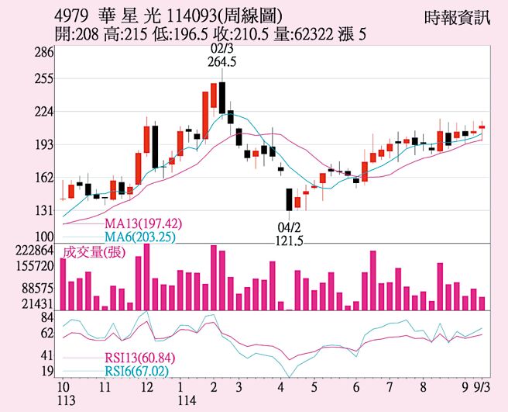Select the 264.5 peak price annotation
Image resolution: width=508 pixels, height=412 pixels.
tap(222, 63)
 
